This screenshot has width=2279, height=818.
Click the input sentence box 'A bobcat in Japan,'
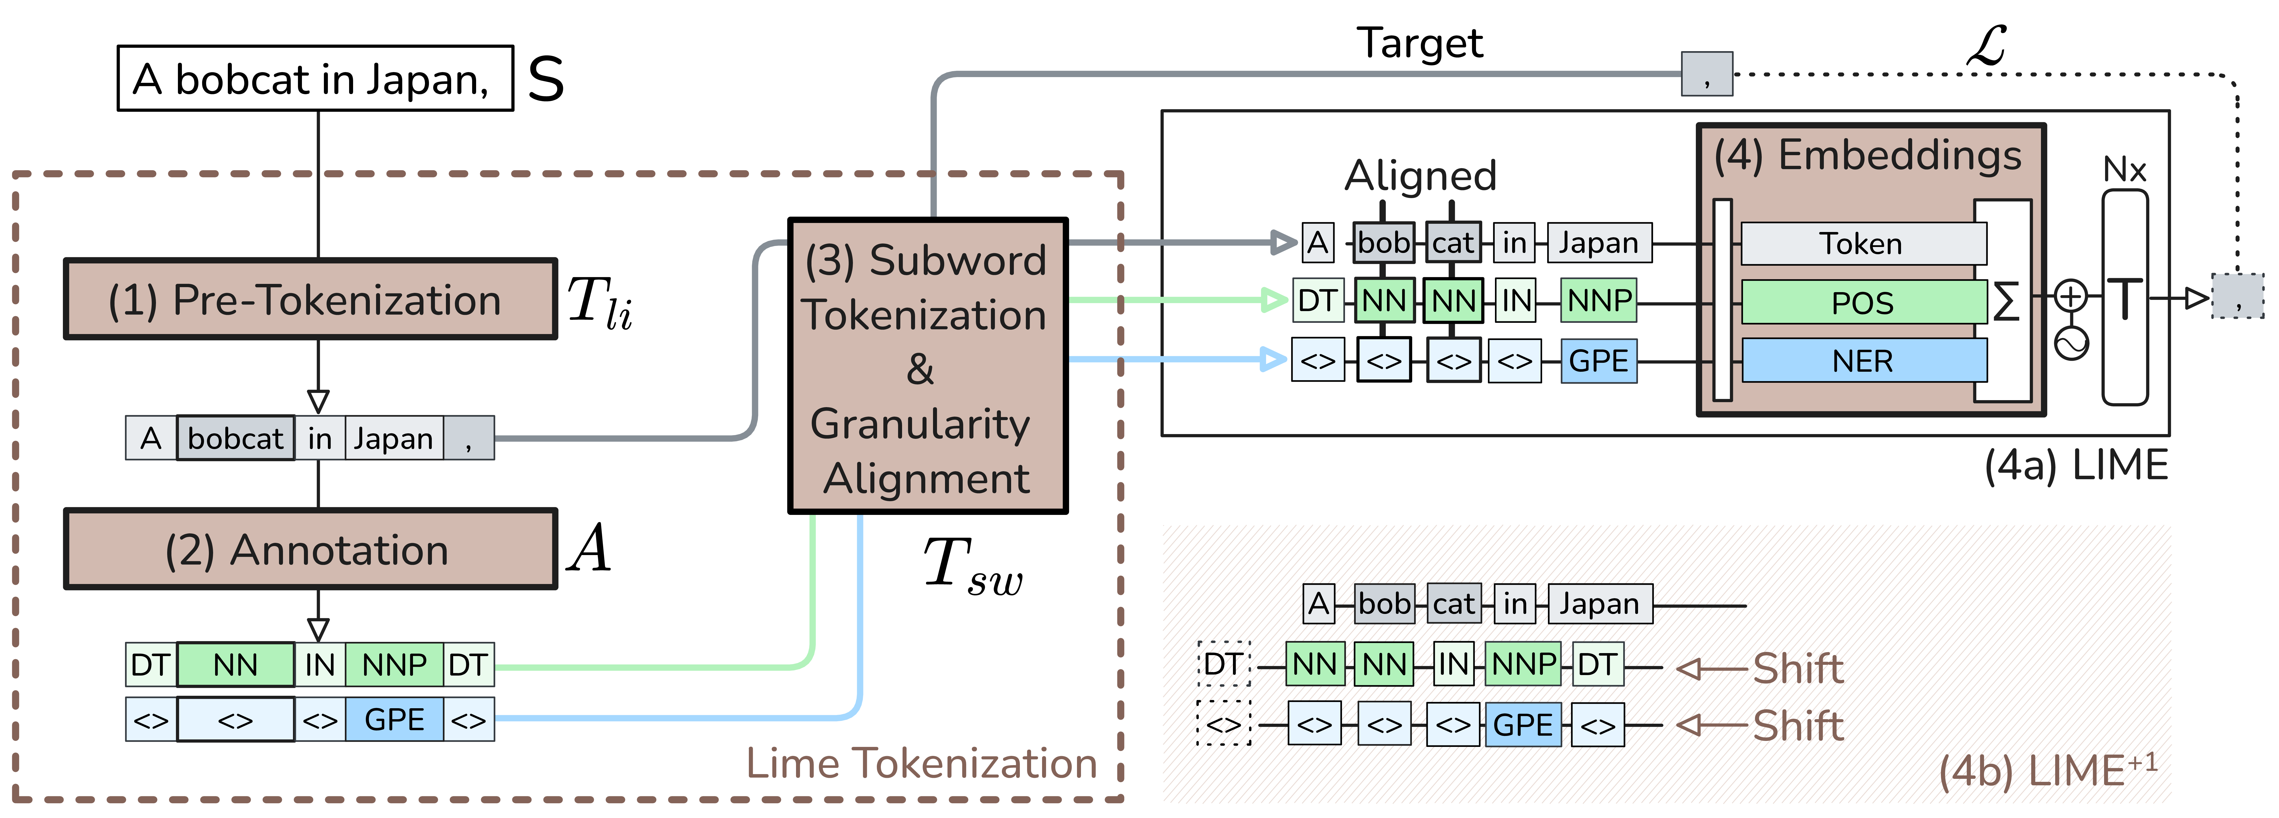click(x=315, y=79)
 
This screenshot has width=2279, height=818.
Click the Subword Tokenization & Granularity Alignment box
click(x=927, y=366)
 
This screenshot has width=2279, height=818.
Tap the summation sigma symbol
click(x=2006, y=302)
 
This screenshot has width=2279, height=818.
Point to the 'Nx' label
click(x=2124, y=169)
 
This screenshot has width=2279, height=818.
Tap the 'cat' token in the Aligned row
click(x=1453, y=242)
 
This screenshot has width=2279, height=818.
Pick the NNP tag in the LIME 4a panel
click(x=1599, y=301)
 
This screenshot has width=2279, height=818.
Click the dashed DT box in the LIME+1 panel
click(x=1223, y=664)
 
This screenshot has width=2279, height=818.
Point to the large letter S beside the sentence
click(x=546, y=79)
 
